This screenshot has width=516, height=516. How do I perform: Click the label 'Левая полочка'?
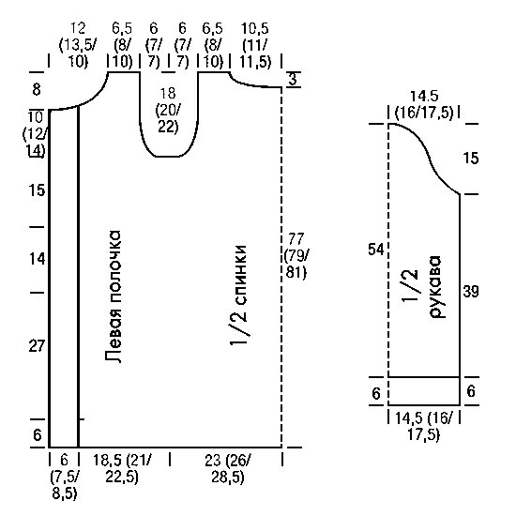point(114,296)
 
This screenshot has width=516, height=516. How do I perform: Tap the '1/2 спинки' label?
point(238,296)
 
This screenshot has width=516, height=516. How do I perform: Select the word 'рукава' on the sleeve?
point(435,287)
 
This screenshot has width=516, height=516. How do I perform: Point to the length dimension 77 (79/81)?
point(296,255)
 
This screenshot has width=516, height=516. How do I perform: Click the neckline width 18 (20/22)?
point(168,111)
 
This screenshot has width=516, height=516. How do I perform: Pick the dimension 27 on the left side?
point(37,346)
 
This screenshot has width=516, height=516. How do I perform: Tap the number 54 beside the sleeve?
point(376,250)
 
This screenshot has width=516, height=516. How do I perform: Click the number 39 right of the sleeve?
point(471,292)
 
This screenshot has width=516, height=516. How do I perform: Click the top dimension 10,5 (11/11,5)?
point(255,45)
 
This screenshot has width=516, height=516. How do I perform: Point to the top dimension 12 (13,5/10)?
point(78,45)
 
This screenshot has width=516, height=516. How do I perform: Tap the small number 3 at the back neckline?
point(293,80)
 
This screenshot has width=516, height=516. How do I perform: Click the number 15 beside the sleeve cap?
point(471,159)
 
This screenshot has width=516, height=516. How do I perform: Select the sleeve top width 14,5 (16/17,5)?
point(424,105)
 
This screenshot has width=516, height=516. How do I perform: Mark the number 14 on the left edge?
point(37,259)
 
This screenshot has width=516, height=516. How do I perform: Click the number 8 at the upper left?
point(37,89)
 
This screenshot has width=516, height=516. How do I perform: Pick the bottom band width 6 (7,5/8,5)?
point(65,476)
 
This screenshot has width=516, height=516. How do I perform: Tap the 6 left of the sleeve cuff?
point(376,394)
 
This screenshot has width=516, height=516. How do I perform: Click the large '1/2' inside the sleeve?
point(410,285)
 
